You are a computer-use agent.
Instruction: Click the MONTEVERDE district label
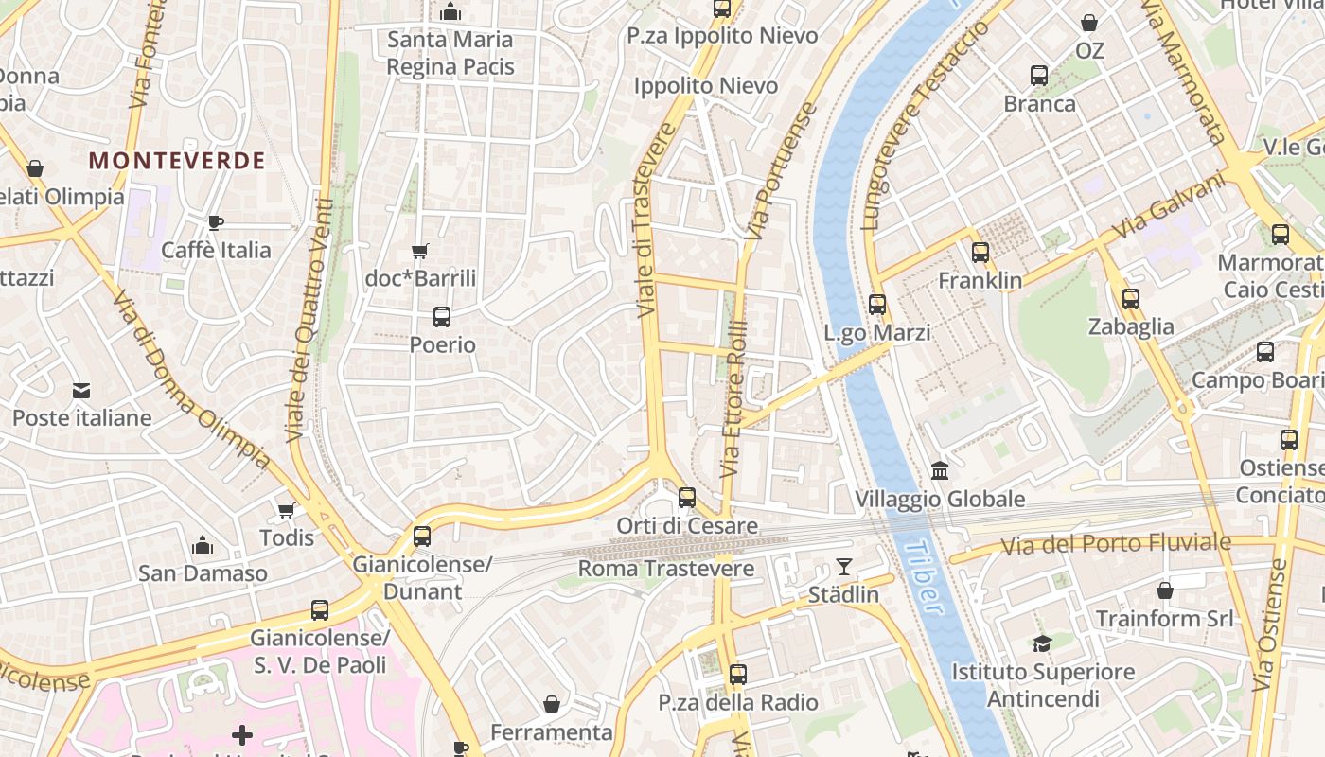pos(177,161)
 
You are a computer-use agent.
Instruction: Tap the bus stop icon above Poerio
pos(442,317)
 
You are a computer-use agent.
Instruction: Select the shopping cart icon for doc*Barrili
pos(420,251)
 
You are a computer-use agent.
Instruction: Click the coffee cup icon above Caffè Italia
pos(216,222)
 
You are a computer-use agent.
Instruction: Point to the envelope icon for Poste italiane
pos(81,390)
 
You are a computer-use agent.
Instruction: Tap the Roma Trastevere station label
pos(665,569)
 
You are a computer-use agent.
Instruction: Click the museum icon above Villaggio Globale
pos(940,470)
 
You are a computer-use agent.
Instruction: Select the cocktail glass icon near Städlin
pos(843,567)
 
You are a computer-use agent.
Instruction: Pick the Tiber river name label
pos(924,577)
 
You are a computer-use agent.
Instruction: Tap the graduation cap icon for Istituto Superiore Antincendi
pos(1042,643)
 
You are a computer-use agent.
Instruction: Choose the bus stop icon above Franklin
pos(980,253)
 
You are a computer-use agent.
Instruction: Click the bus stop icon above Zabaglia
pos(1130,299)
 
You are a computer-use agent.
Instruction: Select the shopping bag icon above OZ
pos(1089,23)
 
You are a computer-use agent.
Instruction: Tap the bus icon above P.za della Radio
pos(738,675)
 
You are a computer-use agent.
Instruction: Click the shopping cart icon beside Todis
pos(286,510)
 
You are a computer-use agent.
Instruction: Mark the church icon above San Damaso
pos(202,545)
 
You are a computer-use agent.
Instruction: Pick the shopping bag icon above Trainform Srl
pos(1164,590)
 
